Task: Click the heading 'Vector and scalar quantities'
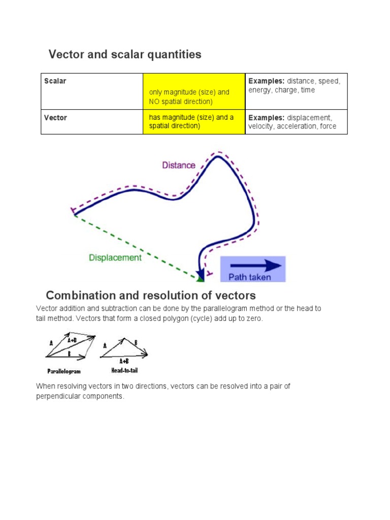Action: pyautogui.click(x=124, y=54)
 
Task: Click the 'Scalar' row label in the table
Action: pyautogui.click(x=55, y=81)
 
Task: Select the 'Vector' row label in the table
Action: pyautogui.click(x=55, y=118)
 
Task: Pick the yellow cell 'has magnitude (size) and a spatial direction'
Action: pyautogui.click(x=191, y=122)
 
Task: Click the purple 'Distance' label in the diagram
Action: pyautogui.click(x=178, y=165)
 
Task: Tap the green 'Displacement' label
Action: pyautogui.click(x=115, y=257)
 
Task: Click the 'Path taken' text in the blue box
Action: pyautogui.click(x=249, y=277)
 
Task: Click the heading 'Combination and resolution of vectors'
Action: pyautogui.click(x=151, y=296)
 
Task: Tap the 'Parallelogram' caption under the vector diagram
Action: pyautogui.click(x=64, y=371)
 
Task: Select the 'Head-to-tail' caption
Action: pyautogui.click(x=124, y=370)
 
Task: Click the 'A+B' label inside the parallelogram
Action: pyautogui.click(x=72, y=341)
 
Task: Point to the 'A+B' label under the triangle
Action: pyautogui.click(x=124, y=362)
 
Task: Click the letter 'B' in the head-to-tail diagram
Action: pyautogui.click(x=136, y=343)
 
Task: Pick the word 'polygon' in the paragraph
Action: pyautogui.click(x=143, y=318)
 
